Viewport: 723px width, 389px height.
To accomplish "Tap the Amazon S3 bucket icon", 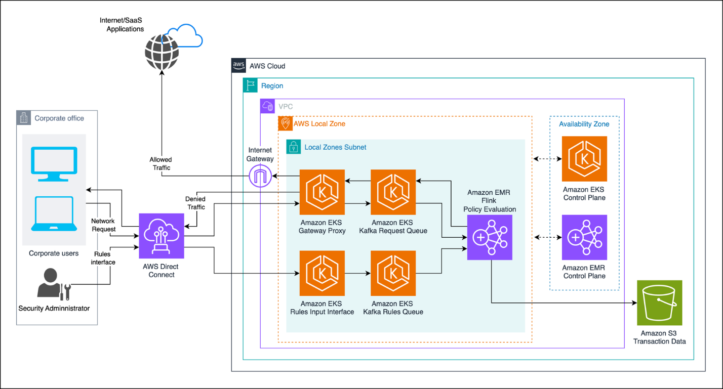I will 659,302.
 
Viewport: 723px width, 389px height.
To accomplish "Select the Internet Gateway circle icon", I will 260,176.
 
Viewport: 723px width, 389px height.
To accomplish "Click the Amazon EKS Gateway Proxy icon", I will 322,192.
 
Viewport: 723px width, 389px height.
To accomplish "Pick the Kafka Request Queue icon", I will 393,192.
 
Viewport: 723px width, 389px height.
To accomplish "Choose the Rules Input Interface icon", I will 322,273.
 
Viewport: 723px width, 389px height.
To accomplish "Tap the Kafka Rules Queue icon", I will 393,273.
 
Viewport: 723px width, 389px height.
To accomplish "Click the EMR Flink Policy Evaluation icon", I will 490,237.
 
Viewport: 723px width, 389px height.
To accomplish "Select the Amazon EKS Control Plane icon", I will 584,158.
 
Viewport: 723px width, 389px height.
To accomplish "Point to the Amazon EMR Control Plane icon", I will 584,237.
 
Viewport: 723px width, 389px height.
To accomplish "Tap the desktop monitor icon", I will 54,164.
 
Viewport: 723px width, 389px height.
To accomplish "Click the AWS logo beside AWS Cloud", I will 239,65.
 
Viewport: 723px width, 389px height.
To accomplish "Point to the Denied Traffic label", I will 196,203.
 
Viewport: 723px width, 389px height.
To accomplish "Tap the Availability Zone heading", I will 584,124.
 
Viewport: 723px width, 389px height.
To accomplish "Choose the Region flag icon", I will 250,85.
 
